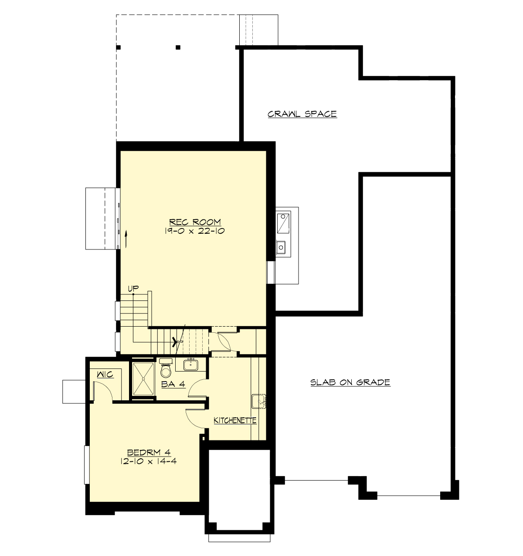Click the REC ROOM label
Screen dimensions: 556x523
(x=195, y=222)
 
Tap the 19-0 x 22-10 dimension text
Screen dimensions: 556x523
(x=195, y=231)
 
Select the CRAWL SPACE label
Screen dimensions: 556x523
(x=302, y=114)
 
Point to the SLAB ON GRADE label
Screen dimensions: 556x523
(x=350, y=382)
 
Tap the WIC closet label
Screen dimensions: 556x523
(x=105, y=374)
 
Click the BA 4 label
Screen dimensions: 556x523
(x=173, y=384)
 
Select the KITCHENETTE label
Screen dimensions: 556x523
(x=234, y=421)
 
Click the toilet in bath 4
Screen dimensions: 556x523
(x=166, y=369)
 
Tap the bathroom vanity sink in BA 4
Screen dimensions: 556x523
(x=190, y=364)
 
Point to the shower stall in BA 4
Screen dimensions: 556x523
(x=143, y=379)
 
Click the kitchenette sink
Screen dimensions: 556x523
(x=259, y=401)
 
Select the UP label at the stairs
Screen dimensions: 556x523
(x=133, y=288)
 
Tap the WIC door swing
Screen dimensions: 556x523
(x=102, y=389)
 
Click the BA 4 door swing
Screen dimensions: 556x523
(x=197, y=388)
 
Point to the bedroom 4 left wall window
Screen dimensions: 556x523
(x=87, y=465)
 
